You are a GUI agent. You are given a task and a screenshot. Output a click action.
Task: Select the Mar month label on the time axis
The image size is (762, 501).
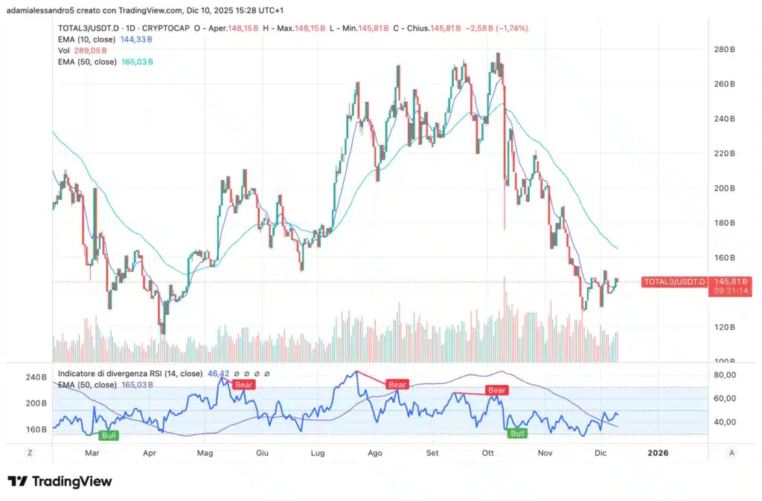[92, 452]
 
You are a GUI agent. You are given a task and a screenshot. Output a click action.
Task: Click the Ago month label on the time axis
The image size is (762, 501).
[375, 452]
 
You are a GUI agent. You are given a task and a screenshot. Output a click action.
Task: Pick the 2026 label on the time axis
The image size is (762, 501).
[657, 452]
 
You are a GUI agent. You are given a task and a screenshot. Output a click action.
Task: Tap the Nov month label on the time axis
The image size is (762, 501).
[545, 452]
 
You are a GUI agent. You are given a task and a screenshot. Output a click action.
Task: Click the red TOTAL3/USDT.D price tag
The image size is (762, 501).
[673, 282]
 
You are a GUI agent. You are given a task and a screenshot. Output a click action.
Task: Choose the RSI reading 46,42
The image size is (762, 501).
[216, 373]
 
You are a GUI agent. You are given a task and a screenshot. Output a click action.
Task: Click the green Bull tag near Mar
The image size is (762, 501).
[109, 433]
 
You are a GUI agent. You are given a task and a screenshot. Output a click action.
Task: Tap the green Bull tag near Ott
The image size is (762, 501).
[516, 433]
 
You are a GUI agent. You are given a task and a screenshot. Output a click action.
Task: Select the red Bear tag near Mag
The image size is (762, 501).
[244, 384]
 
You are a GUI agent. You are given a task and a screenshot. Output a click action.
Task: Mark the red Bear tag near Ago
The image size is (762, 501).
[397, 384]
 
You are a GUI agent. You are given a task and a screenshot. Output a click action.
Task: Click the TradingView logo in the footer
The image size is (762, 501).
[60, 481]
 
